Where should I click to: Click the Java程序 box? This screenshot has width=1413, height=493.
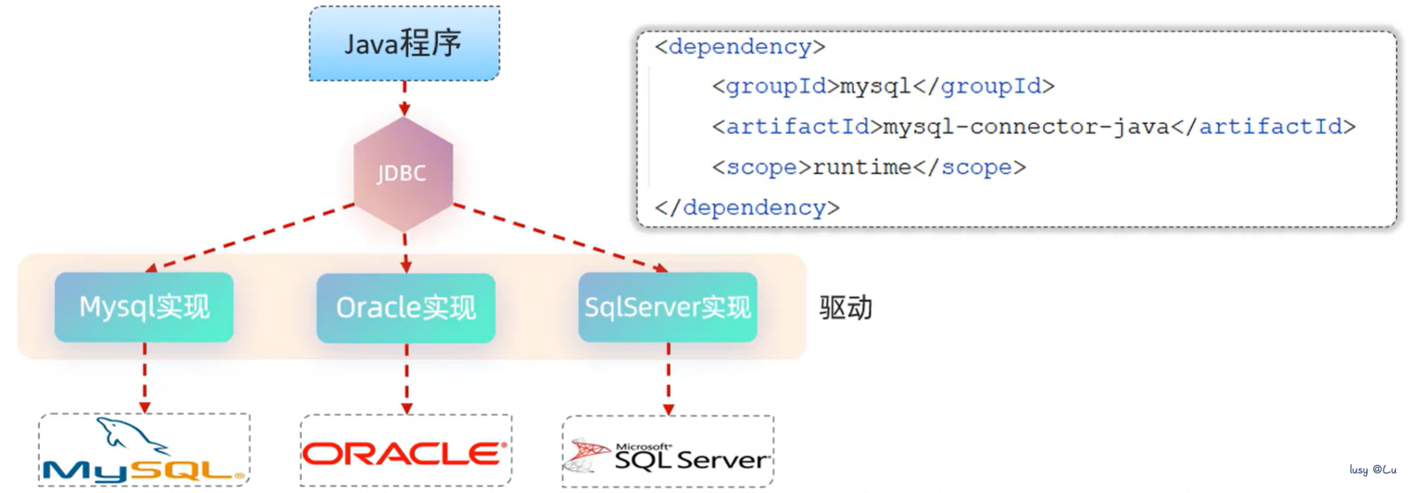point(404,44)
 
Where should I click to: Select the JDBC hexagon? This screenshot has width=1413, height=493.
point(403,174)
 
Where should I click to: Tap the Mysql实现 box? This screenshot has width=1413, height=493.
point(144,307)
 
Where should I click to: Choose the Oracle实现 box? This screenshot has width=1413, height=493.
point(406,308)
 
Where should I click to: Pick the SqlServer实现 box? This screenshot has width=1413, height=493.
point(668,307)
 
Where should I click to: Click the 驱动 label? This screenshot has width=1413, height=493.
point(846,308)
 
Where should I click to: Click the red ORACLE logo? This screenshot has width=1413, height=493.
point(405,453)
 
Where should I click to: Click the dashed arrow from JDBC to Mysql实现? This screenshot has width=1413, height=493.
point(250,237)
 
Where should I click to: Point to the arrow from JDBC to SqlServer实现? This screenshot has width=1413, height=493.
point(560,237)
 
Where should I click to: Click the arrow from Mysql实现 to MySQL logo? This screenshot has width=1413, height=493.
point(145,378)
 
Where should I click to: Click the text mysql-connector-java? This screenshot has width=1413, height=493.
point(1026,127)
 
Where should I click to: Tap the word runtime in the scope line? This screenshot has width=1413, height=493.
point(862,167)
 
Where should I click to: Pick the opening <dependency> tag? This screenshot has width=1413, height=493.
point(740,47)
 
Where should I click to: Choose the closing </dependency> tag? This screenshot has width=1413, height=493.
point(747,207)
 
